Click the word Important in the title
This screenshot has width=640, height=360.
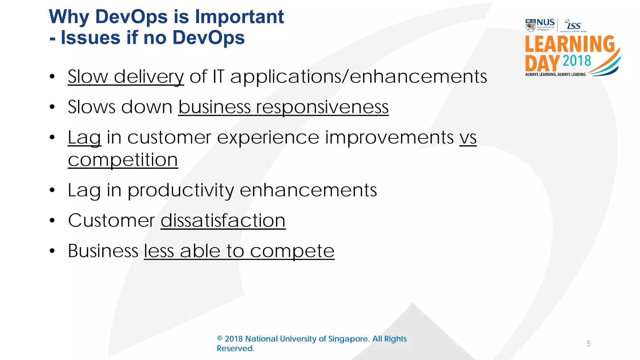tap(239, 17)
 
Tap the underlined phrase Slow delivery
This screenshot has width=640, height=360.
tap(126, 77)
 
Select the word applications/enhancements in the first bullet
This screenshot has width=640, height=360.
tap(358, 77)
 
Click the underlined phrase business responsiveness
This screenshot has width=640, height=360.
tap(283, 107)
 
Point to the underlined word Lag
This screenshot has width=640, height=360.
tap(84, 137)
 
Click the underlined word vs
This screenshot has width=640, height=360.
tap(468, 137)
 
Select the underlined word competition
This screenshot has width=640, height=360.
tap(123, 160)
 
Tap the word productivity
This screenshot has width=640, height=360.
tap(181, 190)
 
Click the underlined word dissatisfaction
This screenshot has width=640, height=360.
tap(223, 221)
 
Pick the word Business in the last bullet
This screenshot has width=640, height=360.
tap(103, 251)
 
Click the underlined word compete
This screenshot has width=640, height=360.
tap(292, 251)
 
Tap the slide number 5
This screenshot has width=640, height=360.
tap(589, 344)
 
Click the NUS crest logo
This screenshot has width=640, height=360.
tap(530, 25)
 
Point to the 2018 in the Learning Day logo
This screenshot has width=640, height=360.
tap(577, 61)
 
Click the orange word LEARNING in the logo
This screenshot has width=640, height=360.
tap(569, 44)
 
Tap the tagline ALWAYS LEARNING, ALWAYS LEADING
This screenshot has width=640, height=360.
tap(555, 74)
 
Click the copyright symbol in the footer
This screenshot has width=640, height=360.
tap(220, 339)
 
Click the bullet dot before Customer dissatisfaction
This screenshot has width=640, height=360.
tap(52, 221)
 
